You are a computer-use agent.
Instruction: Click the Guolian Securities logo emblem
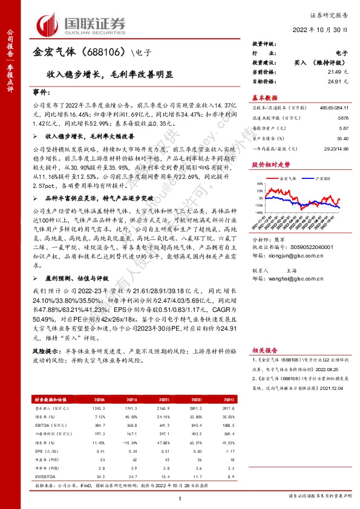click(x=51, y=24)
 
